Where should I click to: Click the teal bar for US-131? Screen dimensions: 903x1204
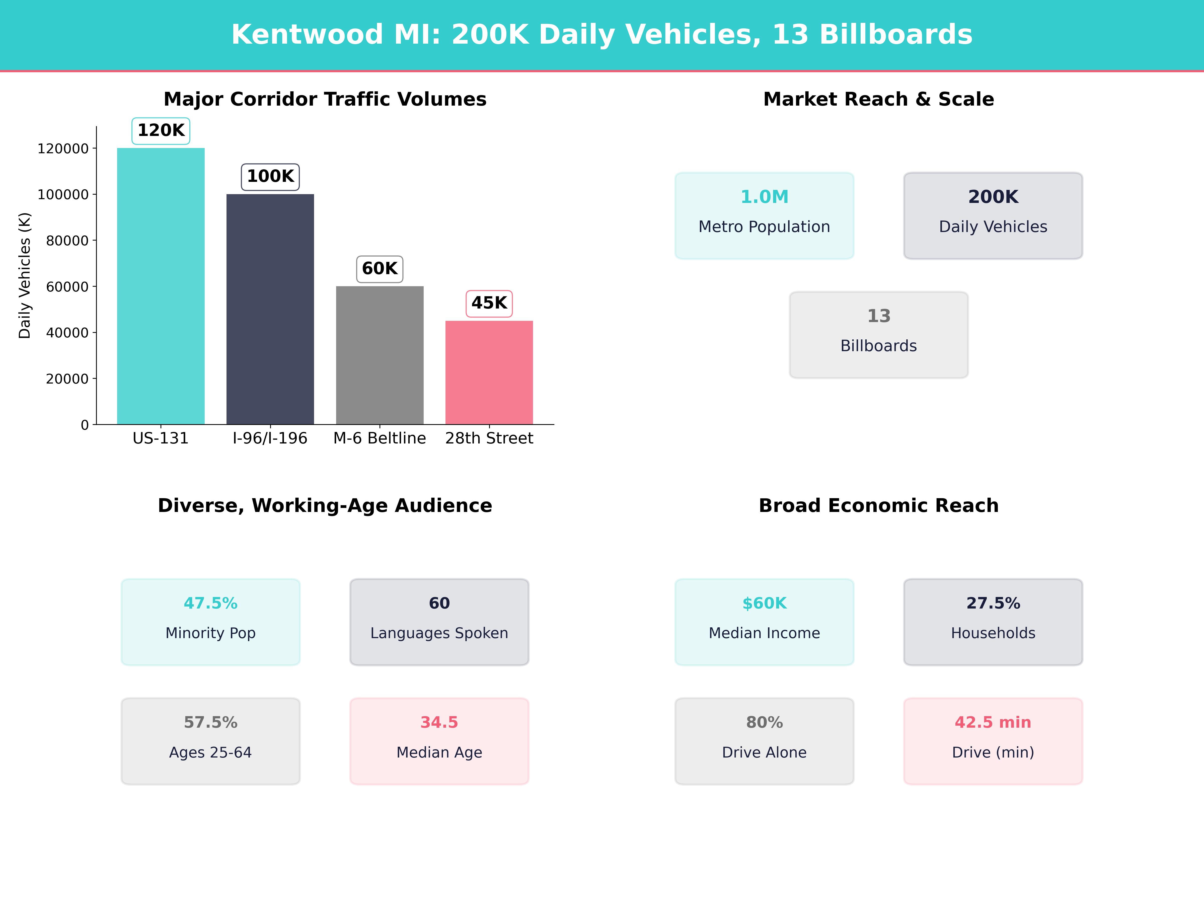pyautogui.click(x=161, y=286)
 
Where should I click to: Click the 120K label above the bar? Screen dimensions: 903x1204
pyautogui.click(x=161, y=131)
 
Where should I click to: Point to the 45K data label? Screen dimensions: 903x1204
pyautogui.click(x=489, y=303)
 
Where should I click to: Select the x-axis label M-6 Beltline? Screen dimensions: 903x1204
pyautogui.click(x=379, y=438)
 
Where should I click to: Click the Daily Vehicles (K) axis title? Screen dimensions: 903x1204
pyautogui.click(x=25, y=275)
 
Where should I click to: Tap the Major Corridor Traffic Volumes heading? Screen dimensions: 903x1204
pyautogui.click(x=325, y=99)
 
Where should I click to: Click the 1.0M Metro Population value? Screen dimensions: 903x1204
pyautogui.click(x=764, y=197)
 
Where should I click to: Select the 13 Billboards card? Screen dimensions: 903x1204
pyautogui.click(x=878, y=335)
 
